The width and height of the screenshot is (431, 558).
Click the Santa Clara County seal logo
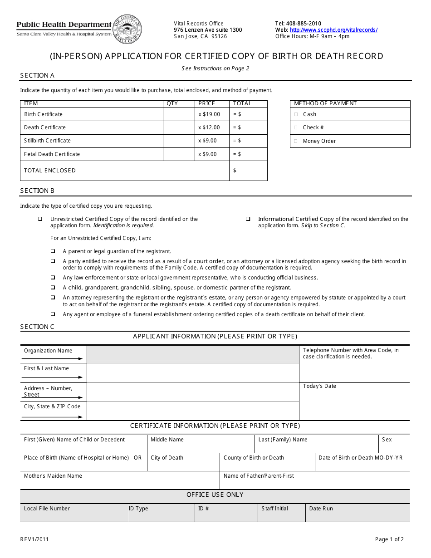[x=127, y=29]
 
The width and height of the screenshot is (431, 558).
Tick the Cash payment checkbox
[x=296, y=115]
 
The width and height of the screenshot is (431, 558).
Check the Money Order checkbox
[x=296, y=141]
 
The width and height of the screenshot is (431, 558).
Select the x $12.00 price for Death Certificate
[x=209, y=127]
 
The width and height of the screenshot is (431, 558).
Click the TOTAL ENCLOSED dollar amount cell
[x=248, y=171]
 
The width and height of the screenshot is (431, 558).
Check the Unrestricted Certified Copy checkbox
[x=40, y=219]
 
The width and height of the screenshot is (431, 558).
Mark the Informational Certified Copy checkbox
[x=248, y=219]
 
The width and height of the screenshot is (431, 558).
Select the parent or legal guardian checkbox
[x=53, y=251]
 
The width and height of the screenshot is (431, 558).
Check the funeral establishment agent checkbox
[x=53, y=314]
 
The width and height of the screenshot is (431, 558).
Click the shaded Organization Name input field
[x=192, y=354]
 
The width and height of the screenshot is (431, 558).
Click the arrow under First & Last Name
[x=53, y=377]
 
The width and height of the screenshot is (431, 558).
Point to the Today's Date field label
[x=319, y=386]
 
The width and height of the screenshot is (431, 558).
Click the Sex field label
[x=387, y=440]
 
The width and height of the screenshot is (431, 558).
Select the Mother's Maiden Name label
[x=53, y=476]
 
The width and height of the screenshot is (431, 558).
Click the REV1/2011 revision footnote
[x=34, y=539]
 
